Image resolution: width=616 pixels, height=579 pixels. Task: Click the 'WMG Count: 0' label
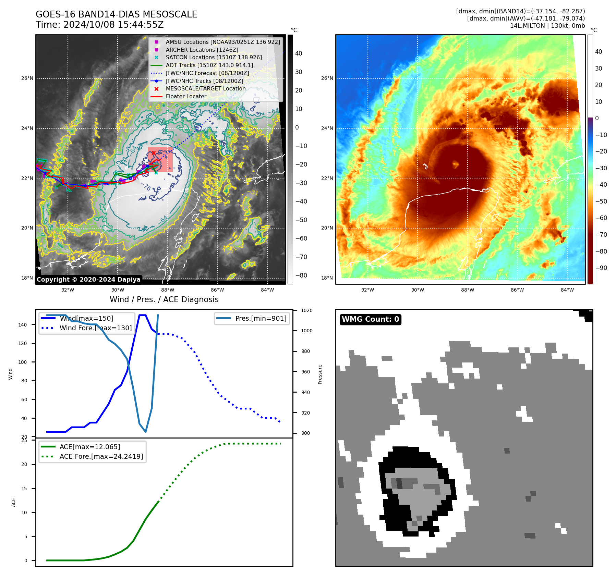[370, 319]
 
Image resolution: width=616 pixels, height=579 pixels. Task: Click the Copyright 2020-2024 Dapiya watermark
[88, 280]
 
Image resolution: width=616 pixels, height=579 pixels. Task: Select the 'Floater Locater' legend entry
[186, 97]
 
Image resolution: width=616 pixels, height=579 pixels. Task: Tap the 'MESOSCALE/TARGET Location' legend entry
[205, 89]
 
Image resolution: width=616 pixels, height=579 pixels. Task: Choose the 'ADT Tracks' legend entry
[209, 65]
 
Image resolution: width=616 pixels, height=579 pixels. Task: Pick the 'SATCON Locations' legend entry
[214, 58]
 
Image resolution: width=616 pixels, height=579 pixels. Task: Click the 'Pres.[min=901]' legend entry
[261, 318]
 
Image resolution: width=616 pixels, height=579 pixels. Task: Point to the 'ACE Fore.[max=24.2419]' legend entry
[101, 456]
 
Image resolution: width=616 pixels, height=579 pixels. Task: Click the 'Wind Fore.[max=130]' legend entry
[96, 328]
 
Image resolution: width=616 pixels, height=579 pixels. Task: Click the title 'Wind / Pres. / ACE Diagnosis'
[164, 299]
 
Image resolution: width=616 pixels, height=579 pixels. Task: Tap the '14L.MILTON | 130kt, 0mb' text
[547, 26]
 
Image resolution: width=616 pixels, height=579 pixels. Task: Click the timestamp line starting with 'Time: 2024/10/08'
[99, 25]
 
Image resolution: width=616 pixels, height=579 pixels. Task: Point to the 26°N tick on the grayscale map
[27, 78]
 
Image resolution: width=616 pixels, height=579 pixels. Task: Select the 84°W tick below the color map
[567, 290]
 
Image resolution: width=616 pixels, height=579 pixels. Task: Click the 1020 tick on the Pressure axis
[306, 310]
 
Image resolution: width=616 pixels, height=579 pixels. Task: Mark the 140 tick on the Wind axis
[23, 325]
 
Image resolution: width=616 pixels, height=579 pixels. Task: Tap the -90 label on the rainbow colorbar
[601, 268]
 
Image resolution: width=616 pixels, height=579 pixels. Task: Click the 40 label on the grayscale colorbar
[299, 53]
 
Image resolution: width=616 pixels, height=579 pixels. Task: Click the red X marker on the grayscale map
[154, 153]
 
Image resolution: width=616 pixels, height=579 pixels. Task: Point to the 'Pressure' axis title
[320, 374]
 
